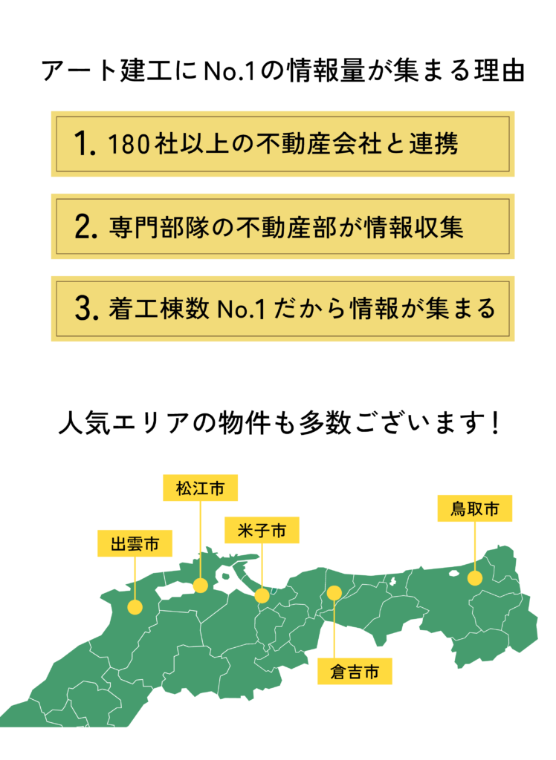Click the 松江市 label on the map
pos(200,488)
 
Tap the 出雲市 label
pos(135,543)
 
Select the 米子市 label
pos(262,530)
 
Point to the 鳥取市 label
pos(474,508)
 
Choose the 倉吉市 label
pos(355,671)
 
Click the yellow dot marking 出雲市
pos(135,607)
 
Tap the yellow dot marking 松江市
pos(201,586)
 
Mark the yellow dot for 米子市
pos(262,596)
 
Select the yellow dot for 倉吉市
pos(334,592)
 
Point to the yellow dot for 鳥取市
pos(475,578)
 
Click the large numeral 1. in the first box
pos(85,143)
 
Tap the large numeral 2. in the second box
pos(86,226)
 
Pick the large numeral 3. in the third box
pos(86,308)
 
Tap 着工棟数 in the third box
pos(158,309)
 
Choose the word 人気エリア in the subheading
pos(124,422)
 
